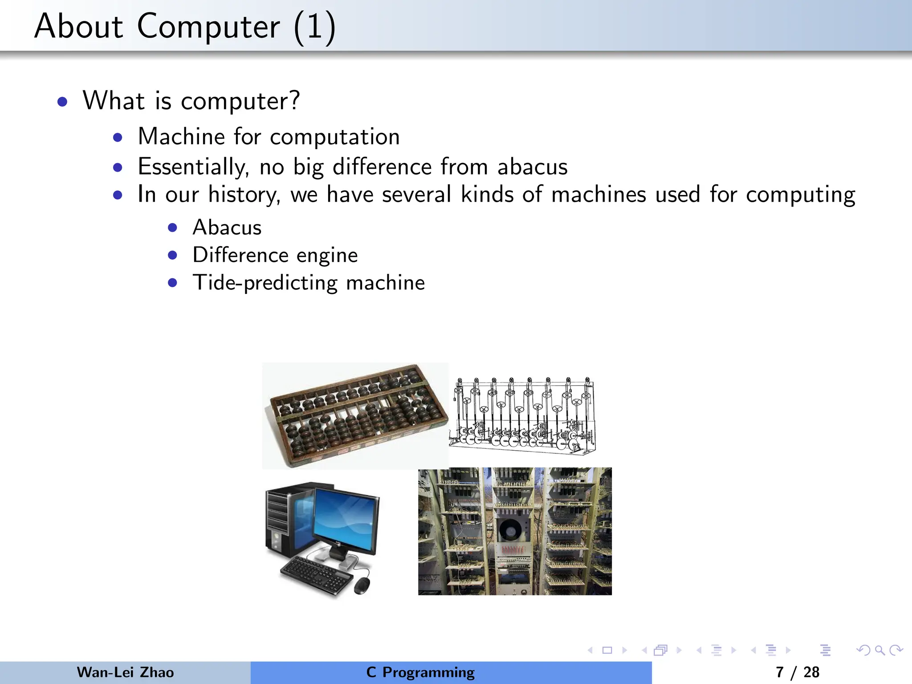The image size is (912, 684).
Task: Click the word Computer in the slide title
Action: point(208,27)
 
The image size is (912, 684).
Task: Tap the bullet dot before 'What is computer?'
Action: point(63,102)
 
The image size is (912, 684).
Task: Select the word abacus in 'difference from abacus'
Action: point(532,167)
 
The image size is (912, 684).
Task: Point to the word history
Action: point(244,195)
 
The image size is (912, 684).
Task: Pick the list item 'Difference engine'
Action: point(275,255)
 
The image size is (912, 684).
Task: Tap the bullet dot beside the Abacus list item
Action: point(173,228)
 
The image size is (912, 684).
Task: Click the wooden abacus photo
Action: point(355,415)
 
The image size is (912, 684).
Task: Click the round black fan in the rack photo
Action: point(509,530)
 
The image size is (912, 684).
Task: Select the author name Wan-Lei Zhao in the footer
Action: point(125,672)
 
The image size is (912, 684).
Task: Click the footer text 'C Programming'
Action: point(420,672)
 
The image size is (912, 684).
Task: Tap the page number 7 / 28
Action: point(797,672)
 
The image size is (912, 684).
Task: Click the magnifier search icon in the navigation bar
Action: point(879,650)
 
